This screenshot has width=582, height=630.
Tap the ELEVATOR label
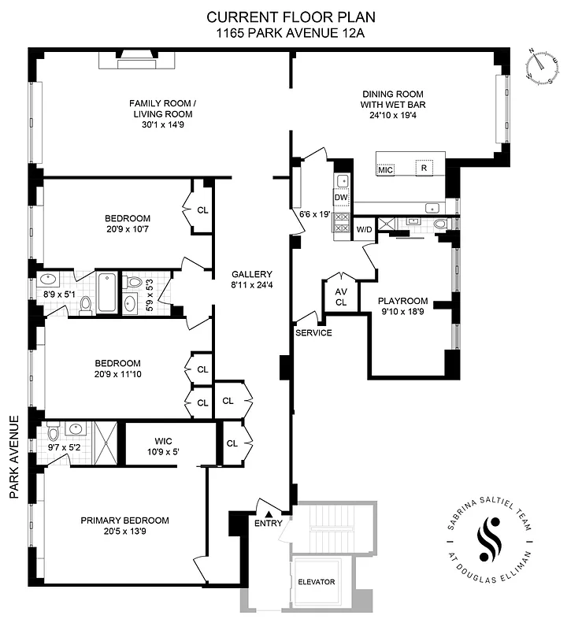316,582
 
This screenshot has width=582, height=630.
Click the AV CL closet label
341,296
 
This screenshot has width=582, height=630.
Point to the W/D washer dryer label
365,229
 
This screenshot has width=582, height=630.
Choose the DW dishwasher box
340,198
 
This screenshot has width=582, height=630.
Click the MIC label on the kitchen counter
385,169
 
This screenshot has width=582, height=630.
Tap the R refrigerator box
424,168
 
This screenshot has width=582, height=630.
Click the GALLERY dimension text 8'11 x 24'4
251,285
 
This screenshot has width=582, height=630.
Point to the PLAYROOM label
402,301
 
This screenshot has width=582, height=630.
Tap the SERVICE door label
313,332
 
